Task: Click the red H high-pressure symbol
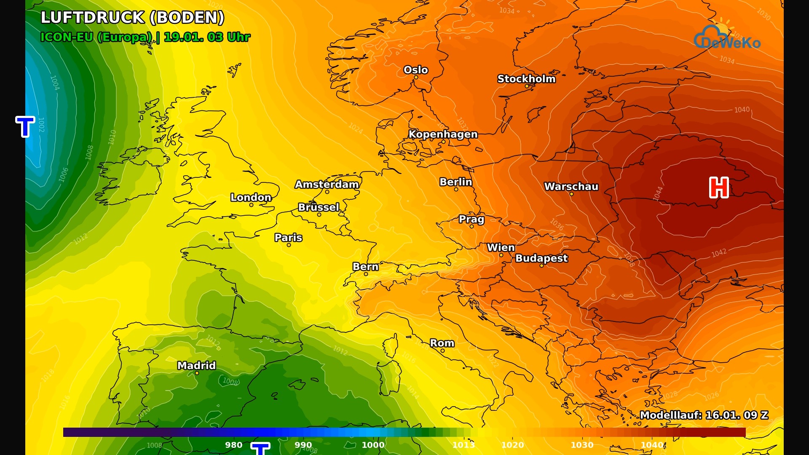click(x=719, y=187)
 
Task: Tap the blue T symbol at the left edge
click(x=25, y=126)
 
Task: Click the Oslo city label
click(x=415, y=70)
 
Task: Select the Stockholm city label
click(x=526, y=79)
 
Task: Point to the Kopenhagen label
click(x=443, y=134)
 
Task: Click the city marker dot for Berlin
click(x=456, y=190)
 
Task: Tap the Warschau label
click(x=571, y=187)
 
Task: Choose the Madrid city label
click(x=196, y=365)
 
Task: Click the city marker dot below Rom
click(x=442, y=351)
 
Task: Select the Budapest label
click(x=541, y=258)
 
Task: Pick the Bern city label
click(x=365, y=267)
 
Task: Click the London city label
click(x=251, y=197)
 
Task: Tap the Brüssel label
click(x=319, y=207)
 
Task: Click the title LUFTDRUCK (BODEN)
click(x=132, y=18)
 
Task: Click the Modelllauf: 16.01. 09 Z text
click(x=704, y=415)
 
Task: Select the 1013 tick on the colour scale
click(x=463, y=445)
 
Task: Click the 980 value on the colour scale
click(x=233, y=445)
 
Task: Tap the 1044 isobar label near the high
click(x=658, y=193)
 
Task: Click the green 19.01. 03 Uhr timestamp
click(x=207, y=37)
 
